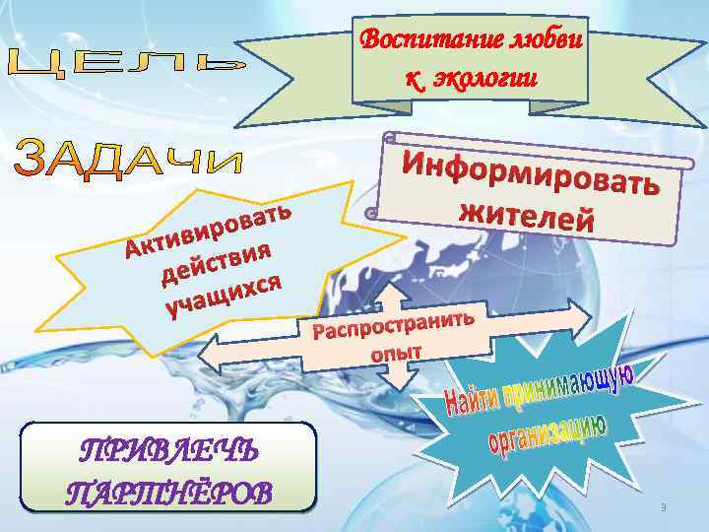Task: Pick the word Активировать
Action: pyautogui.click(x=207, y=229)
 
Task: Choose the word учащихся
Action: pyautogui.click(x=225, y=295)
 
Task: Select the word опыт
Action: pyautogui.click(x=396, y=352)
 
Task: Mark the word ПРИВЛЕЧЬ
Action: pyautogui.click(x=169, y=451)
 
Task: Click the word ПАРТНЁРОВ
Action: pyautogui.click(x=169, y=490)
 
